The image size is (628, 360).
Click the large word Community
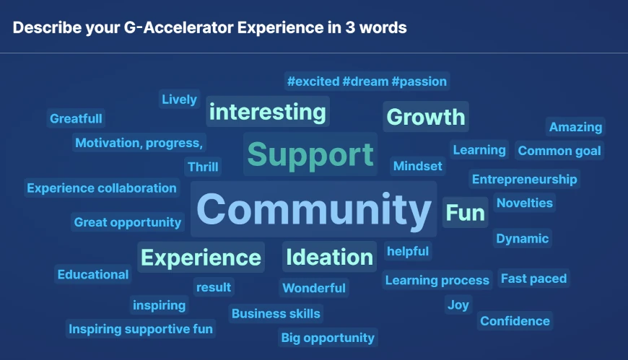click(313, 209)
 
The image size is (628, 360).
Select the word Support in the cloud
click(310, 154)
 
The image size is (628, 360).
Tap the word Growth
click(426, 117)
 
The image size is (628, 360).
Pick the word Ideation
click(329, 257)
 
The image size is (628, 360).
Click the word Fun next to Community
click(465, 213)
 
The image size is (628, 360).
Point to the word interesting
click(267, 112)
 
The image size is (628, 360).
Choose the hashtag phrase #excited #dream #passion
click(367, 82)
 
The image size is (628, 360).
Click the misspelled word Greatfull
click(76, 118)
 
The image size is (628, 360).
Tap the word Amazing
click(575, 127)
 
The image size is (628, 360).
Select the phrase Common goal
click(559, 151)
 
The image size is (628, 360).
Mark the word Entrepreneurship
click(524, 179)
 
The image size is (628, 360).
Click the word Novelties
click(524, 203)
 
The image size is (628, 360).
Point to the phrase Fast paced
click(533, 278)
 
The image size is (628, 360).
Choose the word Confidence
click(515, 321)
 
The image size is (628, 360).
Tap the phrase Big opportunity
click(328, 338)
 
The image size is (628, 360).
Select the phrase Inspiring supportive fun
click(141, 329)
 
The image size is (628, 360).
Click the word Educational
click(93, 274)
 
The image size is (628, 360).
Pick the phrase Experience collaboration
click(102, 188)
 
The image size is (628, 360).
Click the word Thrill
click(203, 167)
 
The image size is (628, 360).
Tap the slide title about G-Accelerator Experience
click(209, 28)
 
